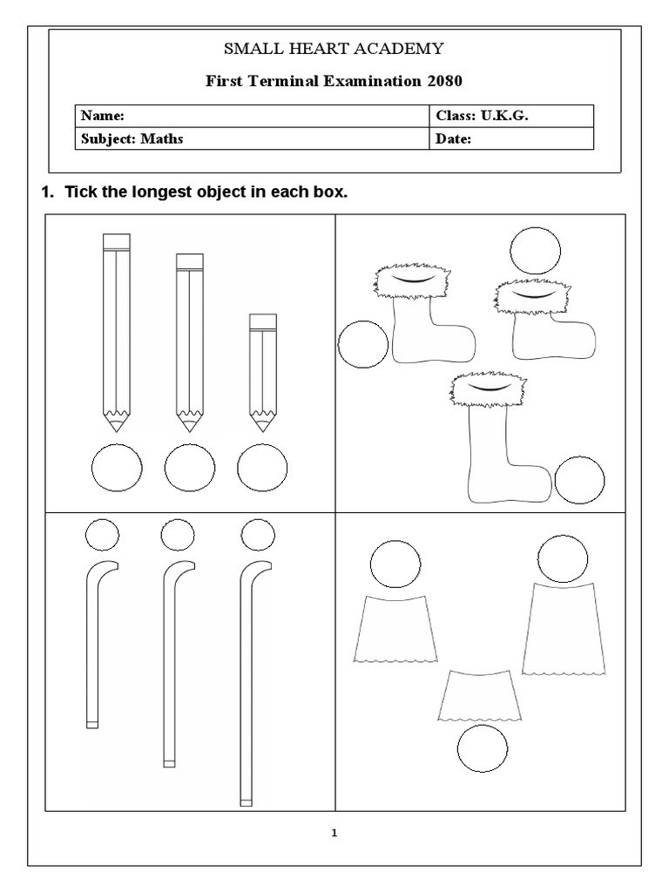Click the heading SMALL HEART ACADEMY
pos(334,49)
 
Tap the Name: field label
pos(103,116)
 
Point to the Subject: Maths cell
pos(132,139)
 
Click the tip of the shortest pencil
pos(261,424)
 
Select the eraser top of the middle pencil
pos(190,260)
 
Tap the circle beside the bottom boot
pos(579,480)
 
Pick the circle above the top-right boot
pos(535,251)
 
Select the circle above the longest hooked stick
pos(257,534)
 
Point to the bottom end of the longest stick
pos(247,801)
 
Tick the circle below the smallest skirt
pos(482,750)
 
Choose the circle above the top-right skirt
pos(563,559)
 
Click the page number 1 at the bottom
pos(334,833)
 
